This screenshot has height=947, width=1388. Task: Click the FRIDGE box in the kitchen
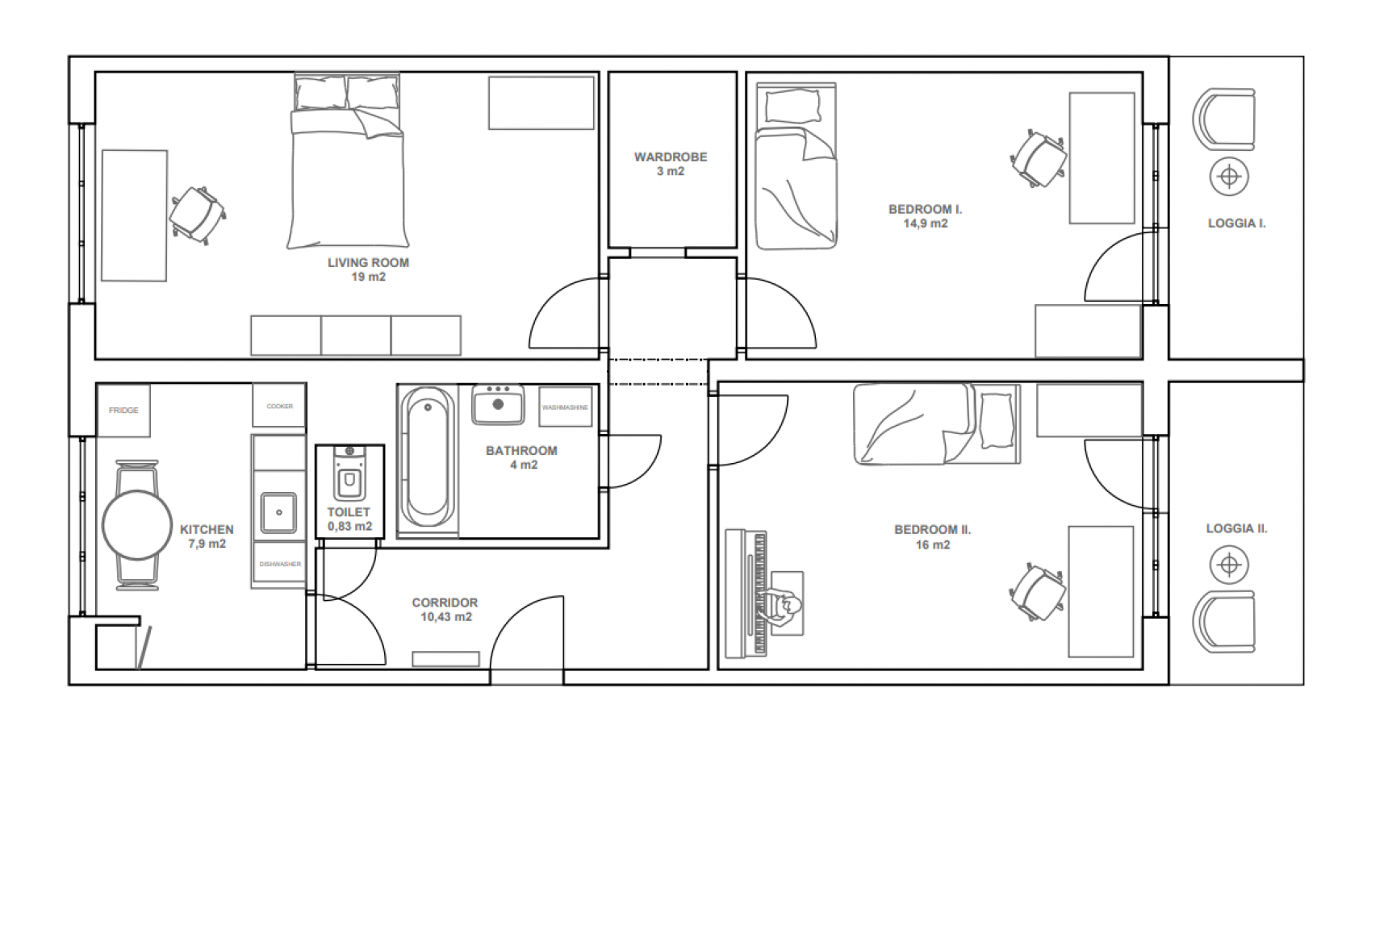[x=123, y=411]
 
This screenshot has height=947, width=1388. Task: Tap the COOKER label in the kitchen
[x=280, y=407]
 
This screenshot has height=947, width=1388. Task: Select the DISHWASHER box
[x=280, y=565]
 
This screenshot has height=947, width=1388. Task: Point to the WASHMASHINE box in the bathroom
[x=565, y=407]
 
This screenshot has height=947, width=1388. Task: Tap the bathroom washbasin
[x=498, y=404]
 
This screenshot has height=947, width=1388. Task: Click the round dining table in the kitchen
[x=137, y=524]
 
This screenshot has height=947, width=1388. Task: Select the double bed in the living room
[x=348, y=161]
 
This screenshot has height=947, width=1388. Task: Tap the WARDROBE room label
[x=671, y=157]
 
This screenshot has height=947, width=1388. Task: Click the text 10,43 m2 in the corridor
[x=446, y=617]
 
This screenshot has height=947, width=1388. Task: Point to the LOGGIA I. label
[x=1237, y=223]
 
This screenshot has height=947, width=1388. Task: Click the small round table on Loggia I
[x=1229, y=176]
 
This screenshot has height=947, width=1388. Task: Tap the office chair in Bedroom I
[x=1039, y=158]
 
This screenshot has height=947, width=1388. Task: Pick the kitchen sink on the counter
[x=278, y=513]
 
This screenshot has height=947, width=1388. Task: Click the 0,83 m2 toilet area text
[x=349, y=527]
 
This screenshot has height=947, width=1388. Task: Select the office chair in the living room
[x=198, y=214]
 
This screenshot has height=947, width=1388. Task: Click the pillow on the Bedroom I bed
[x=792, y=105]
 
